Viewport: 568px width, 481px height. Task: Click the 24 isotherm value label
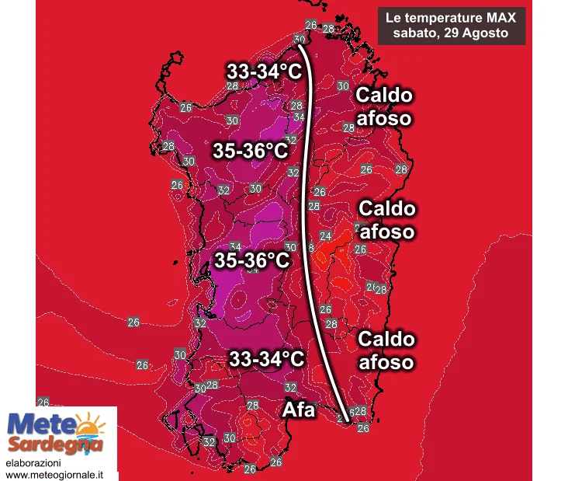coord(325,235)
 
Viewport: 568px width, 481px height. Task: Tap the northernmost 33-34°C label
coord(264,71)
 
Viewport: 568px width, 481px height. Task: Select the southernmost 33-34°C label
coord(266,358)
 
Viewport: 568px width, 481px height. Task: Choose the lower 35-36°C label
coord(252,260)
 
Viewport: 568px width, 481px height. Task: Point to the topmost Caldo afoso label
coord(384,106)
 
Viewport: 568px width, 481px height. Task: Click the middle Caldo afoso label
coord(387,220)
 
